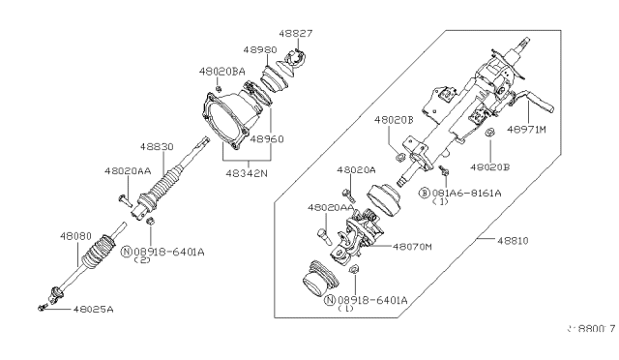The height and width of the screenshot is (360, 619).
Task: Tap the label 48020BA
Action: pyautogui.click(x=222, y=71)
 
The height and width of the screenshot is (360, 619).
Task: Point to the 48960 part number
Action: pyautogui.click(x=267, y=138)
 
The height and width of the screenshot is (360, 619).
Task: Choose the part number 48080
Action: pyautogui.click(x=77, y=235)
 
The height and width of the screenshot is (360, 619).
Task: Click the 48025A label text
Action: pyautogui.click(x=94, y=310)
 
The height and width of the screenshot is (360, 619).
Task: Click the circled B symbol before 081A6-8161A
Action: pyautogui.click(x=424, y=193)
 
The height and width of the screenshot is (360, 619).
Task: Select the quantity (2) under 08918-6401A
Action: pyautogui.click(x=142, y=261)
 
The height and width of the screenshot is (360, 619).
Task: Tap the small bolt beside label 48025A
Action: pyautogui.click(x=44, y=308)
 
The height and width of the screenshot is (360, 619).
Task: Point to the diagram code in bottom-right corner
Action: pyautogui.click(x=590, y=330)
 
